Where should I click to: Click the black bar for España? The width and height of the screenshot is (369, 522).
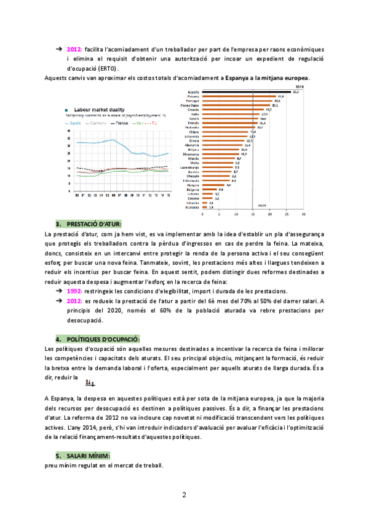(x=247, y=92)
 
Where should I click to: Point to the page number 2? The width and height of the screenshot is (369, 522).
(x=184, y=496)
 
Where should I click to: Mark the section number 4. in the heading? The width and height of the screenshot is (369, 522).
(x=59, y=339)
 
